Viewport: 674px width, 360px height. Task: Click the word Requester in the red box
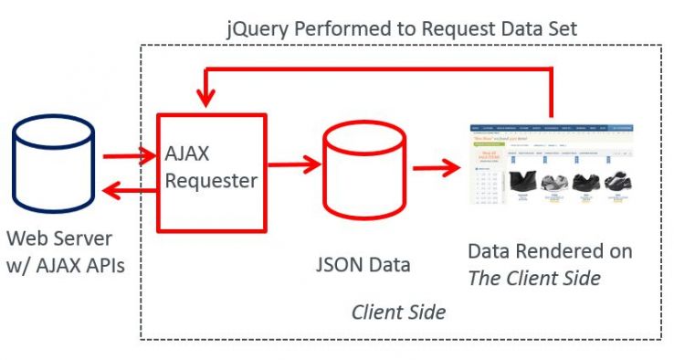coord(211,181)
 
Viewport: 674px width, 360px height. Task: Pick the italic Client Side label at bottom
coord(398,312)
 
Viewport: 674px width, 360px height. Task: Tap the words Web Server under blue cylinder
coord(59,238)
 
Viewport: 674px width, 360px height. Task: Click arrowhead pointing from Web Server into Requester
coord(149,157)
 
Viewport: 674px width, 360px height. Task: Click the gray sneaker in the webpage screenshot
coord(552,183)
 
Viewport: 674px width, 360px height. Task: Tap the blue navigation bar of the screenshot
coord(552,132)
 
